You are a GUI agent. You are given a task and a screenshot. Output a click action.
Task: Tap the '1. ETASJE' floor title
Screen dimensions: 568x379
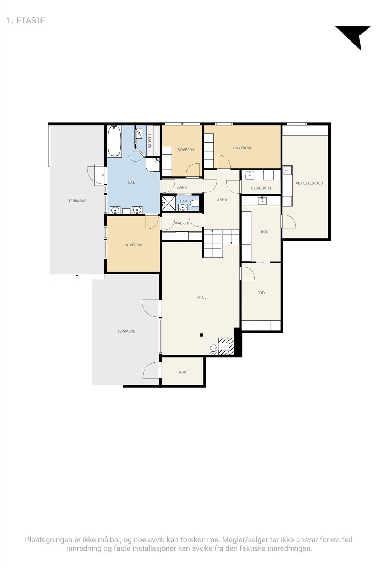coord(26,21)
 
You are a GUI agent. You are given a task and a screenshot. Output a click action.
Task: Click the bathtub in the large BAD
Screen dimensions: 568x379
coord(114,141)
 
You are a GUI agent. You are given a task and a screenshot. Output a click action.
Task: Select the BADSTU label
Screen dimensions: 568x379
coord(150,141)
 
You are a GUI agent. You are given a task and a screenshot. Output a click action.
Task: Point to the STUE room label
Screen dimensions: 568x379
coord(202,297)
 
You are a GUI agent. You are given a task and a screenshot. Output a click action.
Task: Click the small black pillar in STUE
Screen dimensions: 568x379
coord(201,335)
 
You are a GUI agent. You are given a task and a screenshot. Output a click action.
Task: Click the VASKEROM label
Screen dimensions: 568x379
coord(261,188)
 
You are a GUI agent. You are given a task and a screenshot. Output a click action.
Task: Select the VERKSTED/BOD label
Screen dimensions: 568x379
coord(309,183)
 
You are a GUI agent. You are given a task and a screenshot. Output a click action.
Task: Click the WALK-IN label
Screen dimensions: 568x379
coord(182,223)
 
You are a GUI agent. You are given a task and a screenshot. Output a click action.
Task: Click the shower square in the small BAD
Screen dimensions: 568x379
coord(168,203)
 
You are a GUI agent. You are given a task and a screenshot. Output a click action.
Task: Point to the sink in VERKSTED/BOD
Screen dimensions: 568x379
coord(287,170)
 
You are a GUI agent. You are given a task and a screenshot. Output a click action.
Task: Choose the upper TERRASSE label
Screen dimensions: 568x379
coord(77,201)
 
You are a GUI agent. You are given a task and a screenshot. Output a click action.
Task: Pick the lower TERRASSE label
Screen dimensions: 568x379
coord(126,331)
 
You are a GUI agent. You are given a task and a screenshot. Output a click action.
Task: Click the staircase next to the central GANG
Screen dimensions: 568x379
coord(213,244)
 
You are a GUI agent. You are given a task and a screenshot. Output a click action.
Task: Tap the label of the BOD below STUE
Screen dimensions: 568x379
coord(183,372)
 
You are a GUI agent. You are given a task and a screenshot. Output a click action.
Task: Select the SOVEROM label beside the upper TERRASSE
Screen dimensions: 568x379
coord(134,245)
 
